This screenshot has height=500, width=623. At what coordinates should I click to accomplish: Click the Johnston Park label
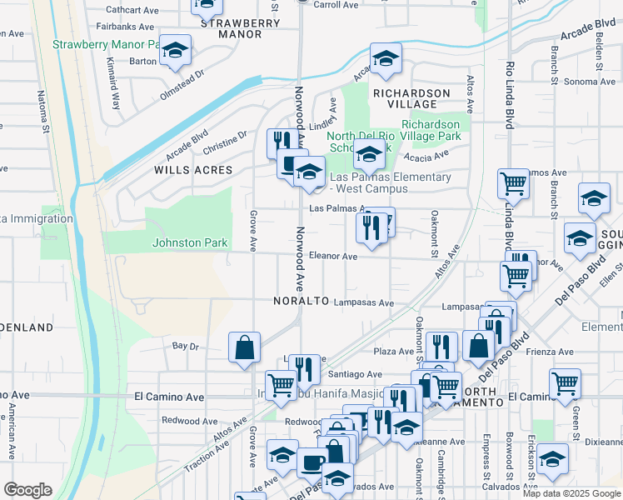click(189, 242)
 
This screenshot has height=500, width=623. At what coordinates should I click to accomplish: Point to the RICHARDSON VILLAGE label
click(411, 98)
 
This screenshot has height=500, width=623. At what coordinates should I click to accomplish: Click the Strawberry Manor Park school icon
click(175, 51)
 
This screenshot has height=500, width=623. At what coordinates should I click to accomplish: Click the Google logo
click(28, 490)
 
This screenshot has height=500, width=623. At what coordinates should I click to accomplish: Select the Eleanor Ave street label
click(333, 257)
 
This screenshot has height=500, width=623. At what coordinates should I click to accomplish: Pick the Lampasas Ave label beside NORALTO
click(363, 303)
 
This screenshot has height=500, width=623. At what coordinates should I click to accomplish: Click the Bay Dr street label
click(186, 345)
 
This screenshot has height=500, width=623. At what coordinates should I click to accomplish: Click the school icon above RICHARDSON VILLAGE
click(385, 59)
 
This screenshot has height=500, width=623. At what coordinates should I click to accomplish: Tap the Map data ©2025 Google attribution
click(571, 493)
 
